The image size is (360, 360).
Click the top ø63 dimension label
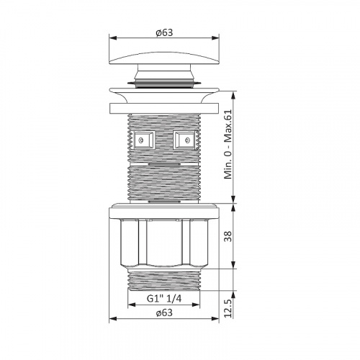[x=164, y=32]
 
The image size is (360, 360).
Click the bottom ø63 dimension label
[x=164, y=312]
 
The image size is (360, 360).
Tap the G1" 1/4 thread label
[x=164, y=299]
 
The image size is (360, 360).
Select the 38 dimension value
[x=228, y=236]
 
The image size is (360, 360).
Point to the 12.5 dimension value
[x=228, y=308]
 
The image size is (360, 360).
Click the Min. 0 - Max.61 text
[x=228, y=144]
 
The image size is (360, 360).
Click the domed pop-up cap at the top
[x=164, y=58]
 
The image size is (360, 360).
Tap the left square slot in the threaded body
[x=144, y=140]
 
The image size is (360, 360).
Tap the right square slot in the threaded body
[x=184, y=140]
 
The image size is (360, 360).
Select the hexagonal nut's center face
[x=164, y=243]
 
